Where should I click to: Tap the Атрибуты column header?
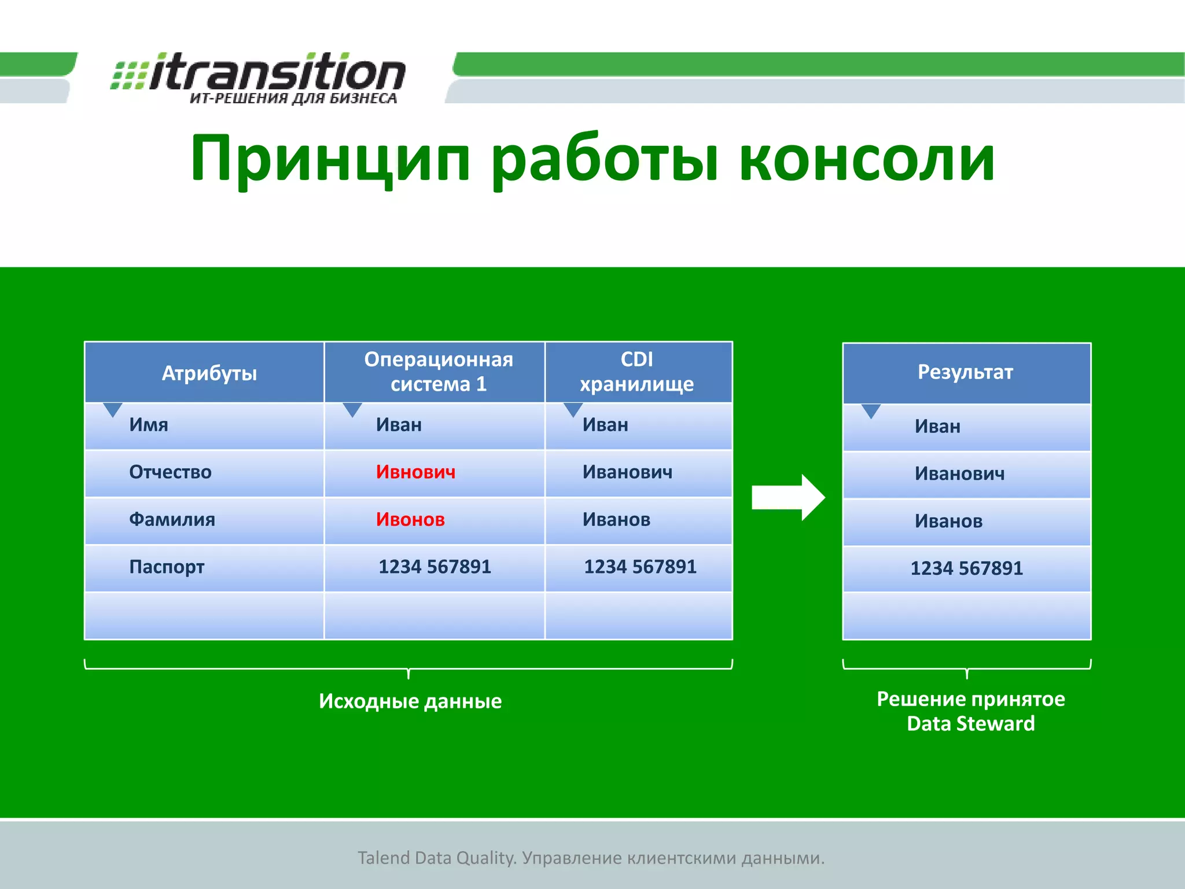(x=209, y=373)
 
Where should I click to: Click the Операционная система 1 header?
(x=438, y=372)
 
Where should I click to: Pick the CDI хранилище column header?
(x=636, y=372)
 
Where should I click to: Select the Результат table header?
(x=965, y=372)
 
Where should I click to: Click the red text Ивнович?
(x=415, y=472)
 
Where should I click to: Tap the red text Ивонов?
(x=410, y=520)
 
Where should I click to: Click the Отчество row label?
(x=170, y=472)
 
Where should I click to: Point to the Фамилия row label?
(x=172, y=520)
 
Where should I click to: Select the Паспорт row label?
(x=167, y=567)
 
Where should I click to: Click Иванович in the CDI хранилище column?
(x=627, y=472)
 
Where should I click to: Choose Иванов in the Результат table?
(x=948, y=521)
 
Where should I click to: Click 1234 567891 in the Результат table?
(x=966, y=568)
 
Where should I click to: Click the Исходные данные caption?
(x=410, y=701)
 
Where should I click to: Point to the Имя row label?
(x=149, y=425)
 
